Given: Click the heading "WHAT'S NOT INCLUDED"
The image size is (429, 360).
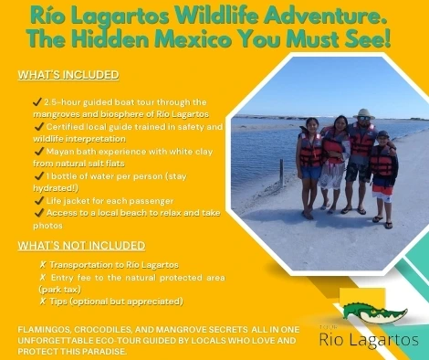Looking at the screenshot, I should (81, 245).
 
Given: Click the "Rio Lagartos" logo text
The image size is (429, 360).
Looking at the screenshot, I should (369, 340).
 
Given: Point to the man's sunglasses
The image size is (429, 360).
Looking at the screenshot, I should (364, 121).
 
